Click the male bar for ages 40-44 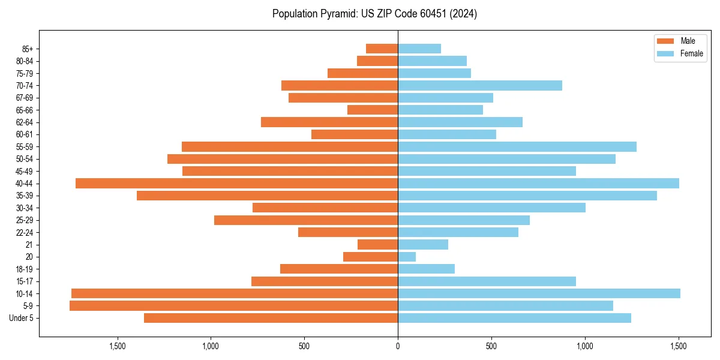[236, 183]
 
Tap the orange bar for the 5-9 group [233, 305]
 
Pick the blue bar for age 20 [407, 257]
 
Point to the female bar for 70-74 [480, 85]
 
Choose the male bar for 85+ [382, 49]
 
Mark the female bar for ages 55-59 [517, 146]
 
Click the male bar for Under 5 [271, 318]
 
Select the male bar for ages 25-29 [306, 220]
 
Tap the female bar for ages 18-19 [426, 269]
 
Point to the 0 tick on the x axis [398, 346]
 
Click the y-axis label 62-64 [24, 122]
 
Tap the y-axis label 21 [29, 245]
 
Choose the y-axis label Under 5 [22, 318]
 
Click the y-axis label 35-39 [24, 196]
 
